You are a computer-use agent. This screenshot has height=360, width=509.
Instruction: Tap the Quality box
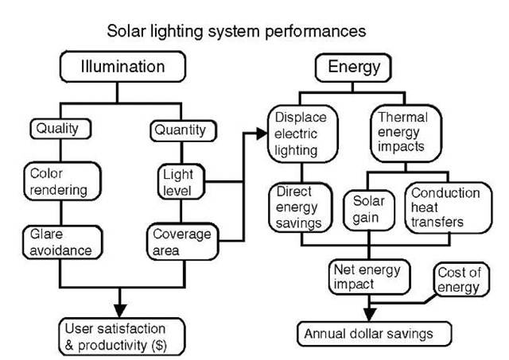coord(60,128)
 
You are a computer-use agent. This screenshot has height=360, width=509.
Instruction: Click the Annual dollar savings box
coord(367,332)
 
